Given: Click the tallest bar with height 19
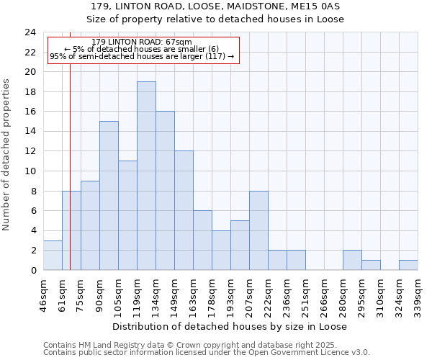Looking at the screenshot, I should [146, 176].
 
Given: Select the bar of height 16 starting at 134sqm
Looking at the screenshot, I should [165, 191].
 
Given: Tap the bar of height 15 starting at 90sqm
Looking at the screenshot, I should [109, 196].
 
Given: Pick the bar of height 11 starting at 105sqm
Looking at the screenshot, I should [127, 215].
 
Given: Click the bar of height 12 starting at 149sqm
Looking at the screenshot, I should [184, 210].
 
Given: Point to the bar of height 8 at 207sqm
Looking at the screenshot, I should [258, 230].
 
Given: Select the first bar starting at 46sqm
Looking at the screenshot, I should [53, 256].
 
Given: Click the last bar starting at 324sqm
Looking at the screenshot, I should [408, 265].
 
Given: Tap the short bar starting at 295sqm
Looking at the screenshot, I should [371, 265].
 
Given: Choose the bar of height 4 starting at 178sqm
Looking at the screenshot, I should [221, 251].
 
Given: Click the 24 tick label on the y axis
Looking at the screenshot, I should [30, 32].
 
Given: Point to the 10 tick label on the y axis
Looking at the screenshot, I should [30, 171].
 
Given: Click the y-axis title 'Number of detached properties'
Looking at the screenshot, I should [7, 155].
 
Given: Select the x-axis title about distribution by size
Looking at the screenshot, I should [230, 326].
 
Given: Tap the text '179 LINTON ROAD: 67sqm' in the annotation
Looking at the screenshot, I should [142, 42].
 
